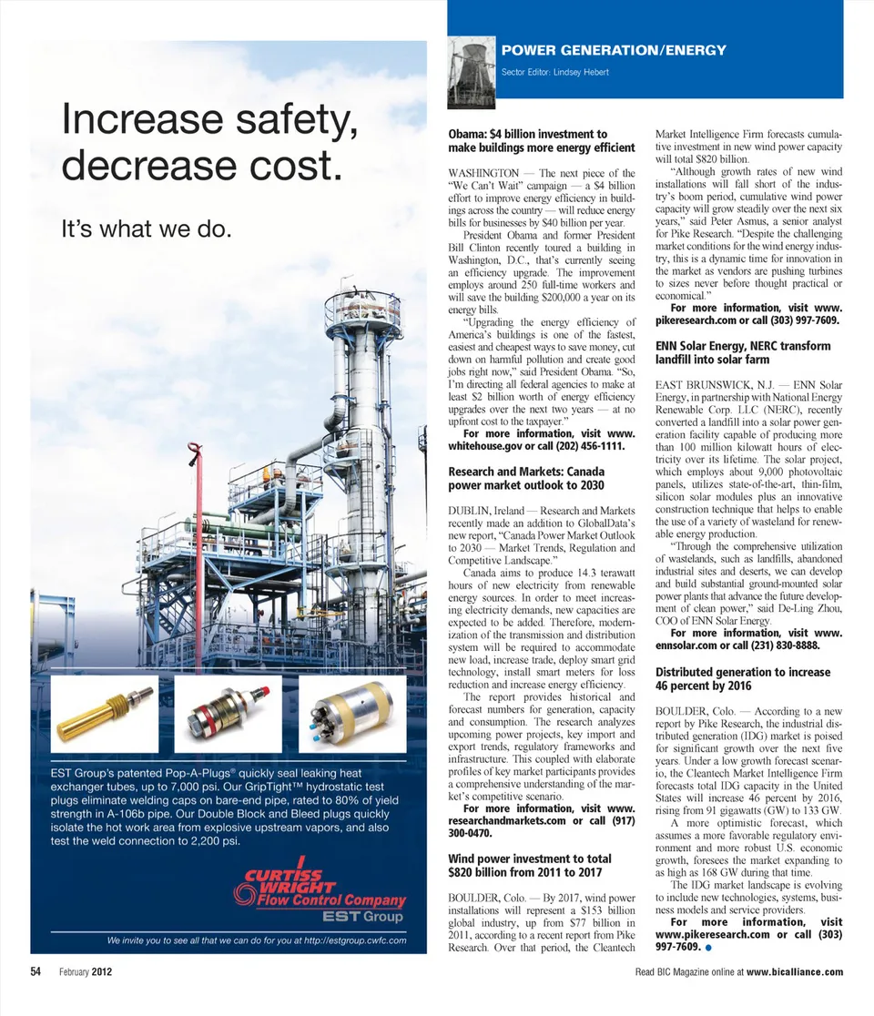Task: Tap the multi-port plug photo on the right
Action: [x=351, y=711]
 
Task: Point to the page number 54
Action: [x=37, y=971]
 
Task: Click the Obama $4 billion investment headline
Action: [x=541, y=141]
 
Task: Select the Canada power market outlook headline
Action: [x=526, y=479]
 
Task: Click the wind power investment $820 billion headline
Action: [x=530, y=866]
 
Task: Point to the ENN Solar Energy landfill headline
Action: [x=743, y=352]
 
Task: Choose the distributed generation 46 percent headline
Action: [x=743, y=679]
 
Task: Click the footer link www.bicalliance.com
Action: [x=795, y=971]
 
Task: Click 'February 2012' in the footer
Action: [x=86, y=971]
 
